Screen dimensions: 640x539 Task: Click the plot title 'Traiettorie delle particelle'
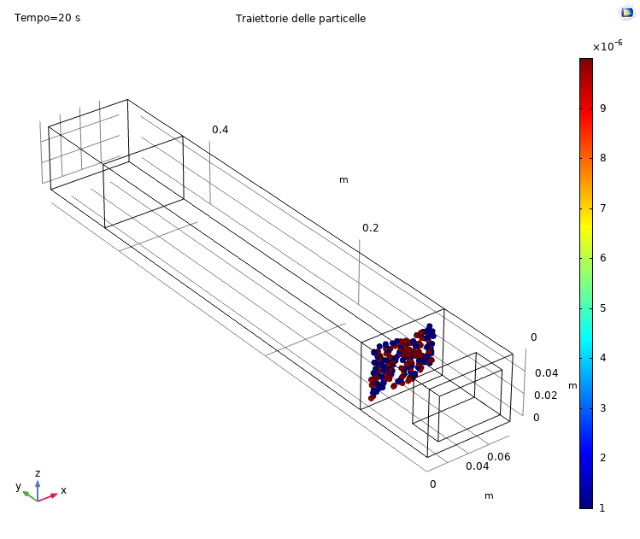[301, 19]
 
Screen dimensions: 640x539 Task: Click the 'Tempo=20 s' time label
[47, 18]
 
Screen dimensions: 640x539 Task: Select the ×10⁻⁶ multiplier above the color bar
[608, 45]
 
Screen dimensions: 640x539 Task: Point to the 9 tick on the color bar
[603, 108]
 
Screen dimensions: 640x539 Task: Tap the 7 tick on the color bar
[603, 208]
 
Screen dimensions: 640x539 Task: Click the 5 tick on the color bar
[603, 308]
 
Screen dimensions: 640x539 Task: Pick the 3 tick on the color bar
[603, 408]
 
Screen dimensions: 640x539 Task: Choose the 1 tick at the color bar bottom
[602, 508]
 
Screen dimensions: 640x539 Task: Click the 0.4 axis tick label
[220, 130]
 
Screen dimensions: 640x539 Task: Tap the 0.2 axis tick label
[370, 228]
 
